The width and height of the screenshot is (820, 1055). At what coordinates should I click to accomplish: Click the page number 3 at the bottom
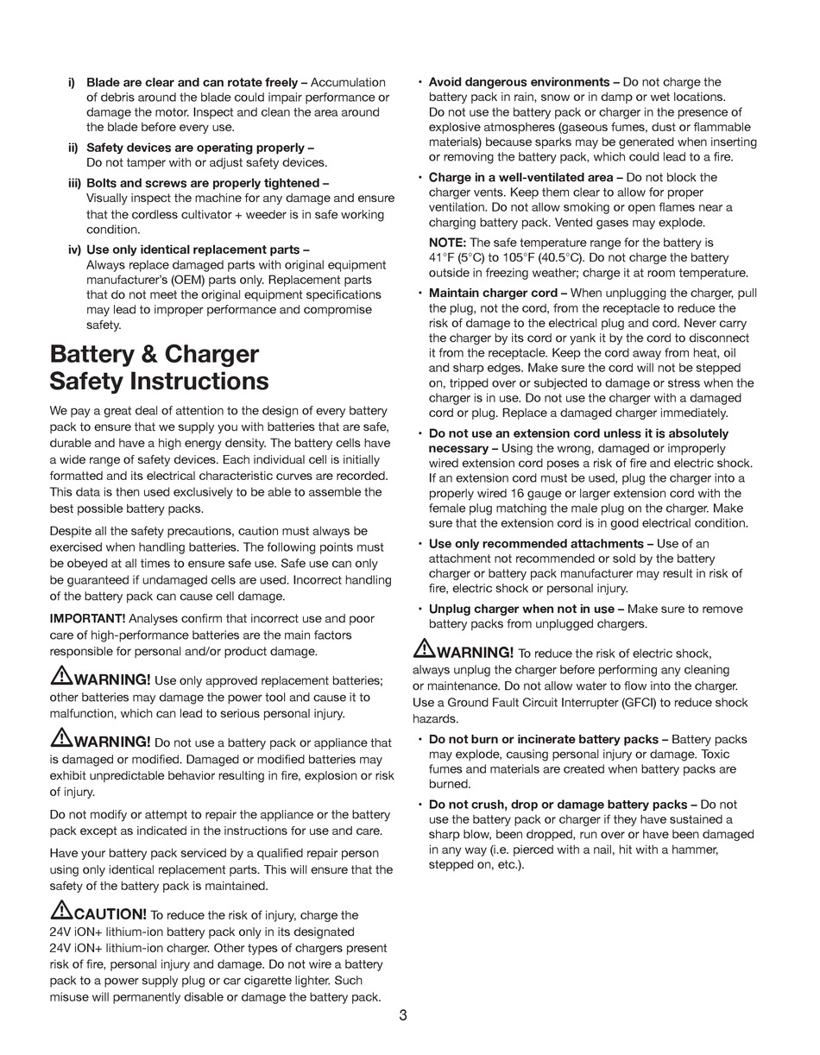403,1015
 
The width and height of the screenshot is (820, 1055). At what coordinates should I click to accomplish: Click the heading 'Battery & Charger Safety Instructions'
160,368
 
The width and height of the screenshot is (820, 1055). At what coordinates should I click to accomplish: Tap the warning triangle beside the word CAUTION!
61,910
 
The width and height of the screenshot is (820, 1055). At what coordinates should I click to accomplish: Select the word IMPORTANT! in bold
87,618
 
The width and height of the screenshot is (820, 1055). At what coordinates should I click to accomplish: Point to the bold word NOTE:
447,243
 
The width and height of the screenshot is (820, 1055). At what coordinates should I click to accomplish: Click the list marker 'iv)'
74,250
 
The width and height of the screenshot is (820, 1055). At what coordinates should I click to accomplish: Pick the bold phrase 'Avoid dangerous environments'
519,82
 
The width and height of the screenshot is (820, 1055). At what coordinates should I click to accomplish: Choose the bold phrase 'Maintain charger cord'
493,293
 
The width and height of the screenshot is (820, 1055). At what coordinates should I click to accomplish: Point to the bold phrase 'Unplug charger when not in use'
521,609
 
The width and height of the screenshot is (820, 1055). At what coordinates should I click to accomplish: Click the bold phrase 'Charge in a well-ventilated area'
520,177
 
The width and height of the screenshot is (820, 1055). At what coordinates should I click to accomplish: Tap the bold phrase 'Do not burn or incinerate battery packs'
544,739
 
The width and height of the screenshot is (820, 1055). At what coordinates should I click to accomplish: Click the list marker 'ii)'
73,148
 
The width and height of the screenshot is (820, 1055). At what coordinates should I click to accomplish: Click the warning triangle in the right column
424,648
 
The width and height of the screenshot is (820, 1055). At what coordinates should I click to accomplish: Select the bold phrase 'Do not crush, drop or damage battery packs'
558,804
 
